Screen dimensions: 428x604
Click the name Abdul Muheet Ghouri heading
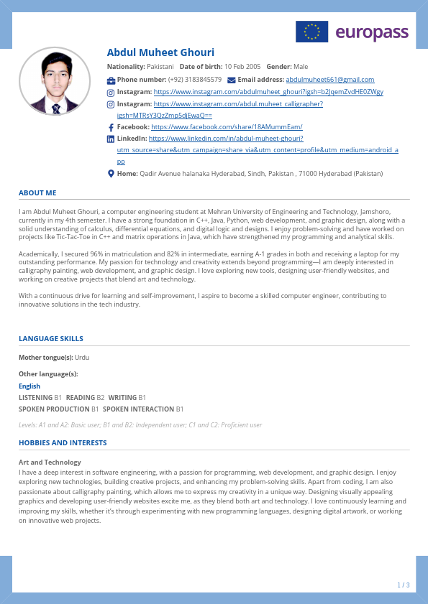[160, 52]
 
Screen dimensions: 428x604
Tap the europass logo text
[372, 32]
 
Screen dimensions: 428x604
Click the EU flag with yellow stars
[311, 32]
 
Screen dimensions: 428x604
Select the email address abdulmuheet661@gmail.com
[330, 80]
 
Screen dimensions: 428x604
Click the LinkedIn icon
[111, 139]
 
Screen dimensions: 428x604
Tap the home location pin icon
[111, 174]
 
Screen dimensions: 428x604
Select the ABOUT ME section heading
[37, 193]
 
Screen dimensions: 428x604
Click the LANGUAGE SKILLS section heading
[51, 339]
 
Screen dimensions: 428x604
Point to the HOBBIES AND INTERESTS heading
[63, 443]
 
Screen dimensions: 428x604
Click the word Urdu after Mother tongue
[82, 358]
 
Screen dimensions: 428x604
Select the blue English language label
[29, 386]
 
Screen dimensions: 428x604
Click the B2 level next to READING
[101, 398]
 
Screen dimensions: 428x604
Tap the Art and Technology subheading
[50, 463]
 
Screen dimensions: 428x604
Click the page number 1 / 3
[404, 585]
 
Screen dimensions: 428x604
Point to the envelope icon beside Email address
[231, 80]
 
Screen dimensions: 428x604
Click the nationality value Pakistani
[160, 67]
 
